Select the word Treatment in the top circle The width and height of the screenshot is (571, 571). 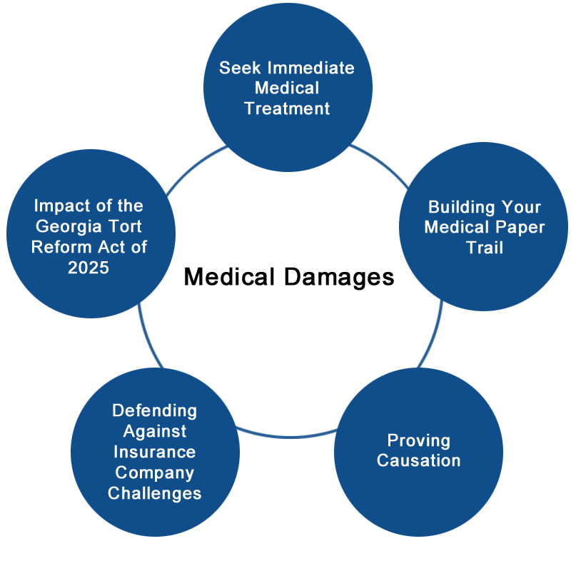287,108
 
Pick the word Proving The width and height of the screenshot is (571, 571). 418,440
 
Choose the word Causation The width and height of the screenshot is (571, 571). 418,460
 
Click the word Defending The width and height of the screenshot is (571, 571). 155,410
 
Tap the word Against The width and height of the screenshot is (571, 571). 155,431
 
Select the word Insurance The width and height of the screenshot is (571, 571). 155,452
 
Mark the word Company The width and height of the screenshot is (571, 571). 155,473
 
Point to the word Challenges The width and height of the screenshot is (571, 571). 155,493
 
